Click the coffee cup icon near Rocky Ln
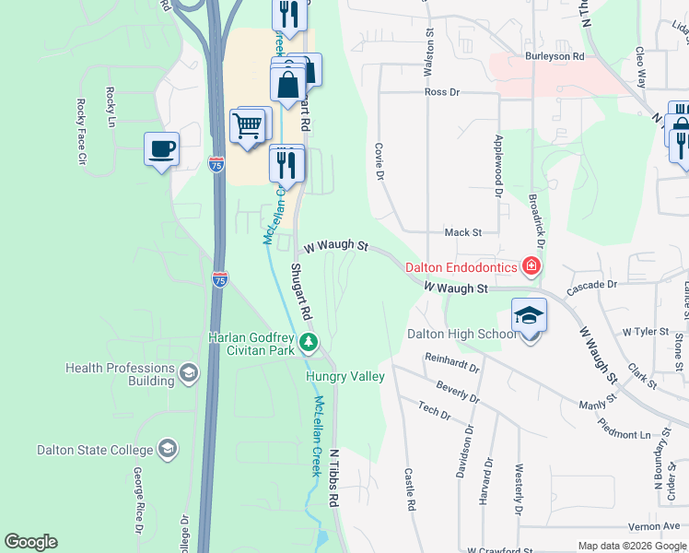161,148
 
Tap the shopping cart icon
247,124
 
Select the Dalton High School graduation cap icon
529,315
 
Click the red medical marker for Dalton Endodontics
531,267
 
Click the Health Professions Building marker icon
189,371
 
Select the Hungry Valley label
344,376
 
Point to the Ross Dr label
441,92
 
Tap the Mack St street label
463,233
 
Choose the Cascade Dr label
591,285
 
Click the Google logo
30,542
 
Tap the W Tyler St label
645,331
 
